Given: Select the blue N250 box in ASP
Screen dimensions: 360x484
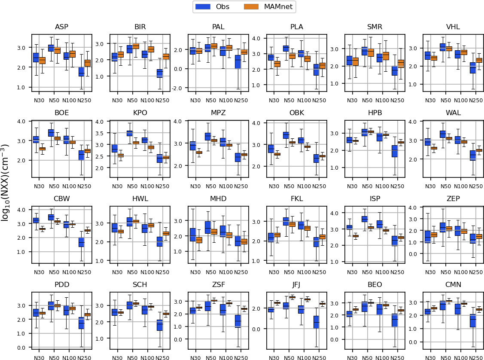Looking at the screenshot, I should (x=81, y=72).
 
